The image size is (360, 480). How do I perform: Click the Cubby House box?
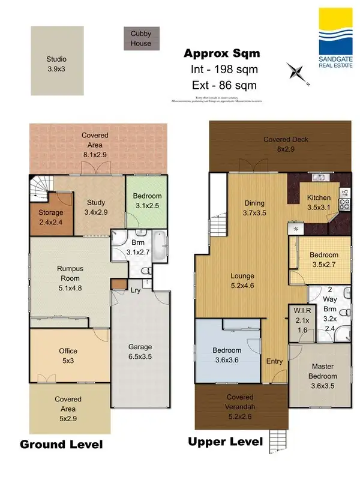pos(141,39)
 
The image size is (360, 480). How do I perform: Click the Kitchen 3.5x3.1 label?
pos(319,202)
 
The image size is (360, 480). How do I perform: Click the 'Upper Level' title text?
pos(225,442)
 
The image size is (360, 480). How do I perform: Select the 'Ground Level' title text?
pos(61,445)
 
